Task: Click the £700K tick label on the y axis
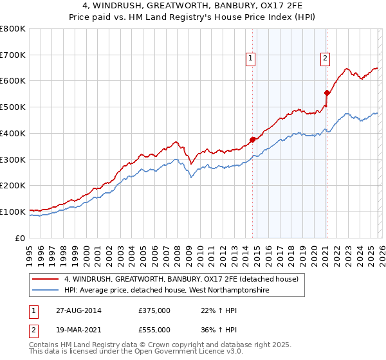tap(13, 55)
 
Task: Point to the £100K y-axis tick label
tap(13, 212)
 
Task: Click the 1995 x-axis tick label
tap(30, 251)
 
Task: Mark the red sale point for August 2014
tap(253, 139)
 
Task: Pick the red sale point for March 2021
tap(327, 93)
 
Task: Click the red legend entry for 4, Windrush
tap(181, 280)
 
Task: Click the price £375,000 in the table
tap(154, 310)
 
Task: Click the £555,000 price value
tap(154, 329)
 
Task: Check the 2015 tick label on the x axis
tap(257, 251)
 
